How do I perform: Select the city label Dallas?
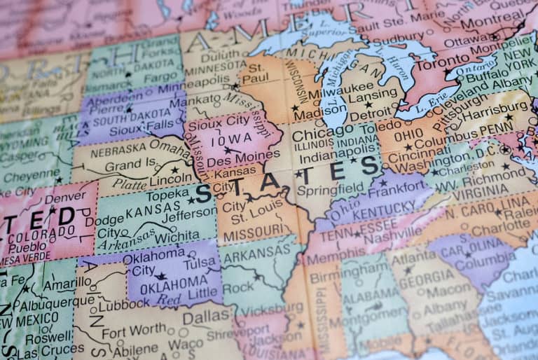point(205,317)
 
